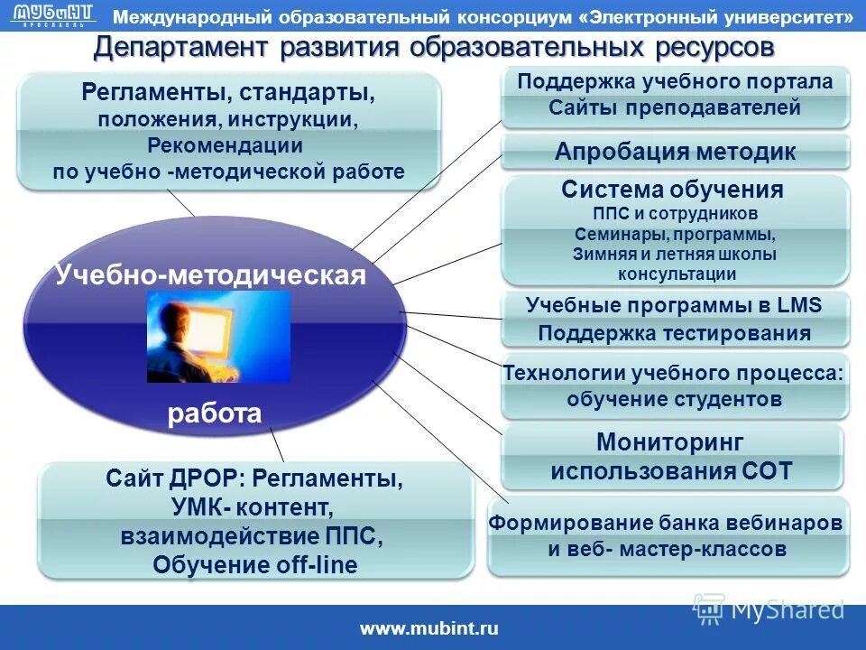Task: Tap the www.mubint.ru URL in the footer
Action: click(x=429, y=629)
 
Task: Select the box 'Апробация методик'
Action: click(x=675, y=152)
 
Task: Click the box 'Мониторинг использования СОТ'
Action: click(x=671, y=457)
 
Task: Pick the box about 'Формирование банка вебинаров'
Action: click(x=668, y=535)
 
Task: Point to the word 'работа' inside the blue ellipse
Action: click(x=215, y=413)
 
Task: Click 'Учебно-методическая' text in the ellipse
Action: click(x=210, y=274)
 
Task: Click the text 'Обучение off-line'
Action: click(x=255, y=565)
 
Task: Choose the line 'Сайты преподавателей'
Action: click(x=675, y=108)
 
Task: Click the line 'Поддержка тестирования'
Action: click(x=675, y=333)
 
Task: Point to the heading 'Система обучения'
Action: click(x=672, y=190)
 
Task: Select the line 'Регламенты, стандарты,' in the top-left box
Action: click(x=228, y=93)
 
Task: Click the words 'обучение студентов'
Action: click(x=675, y=399)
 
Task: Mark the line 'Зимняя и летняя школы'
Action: click(x=675, y=255)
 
